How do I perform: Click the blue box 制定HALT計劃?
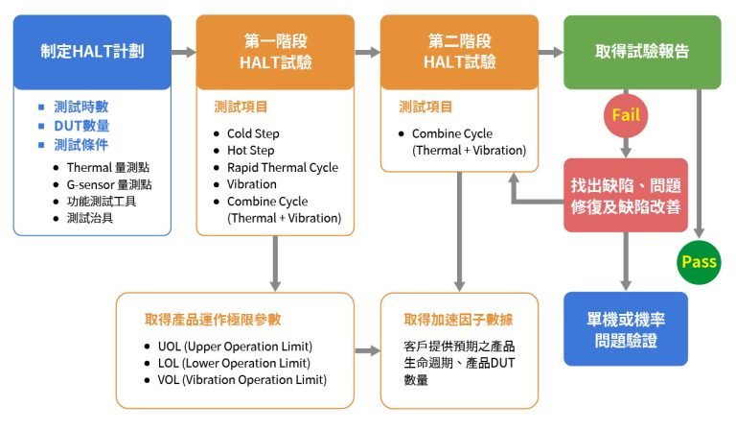point(92,52)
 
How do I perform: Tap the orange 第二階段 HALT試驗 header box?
point(460,52)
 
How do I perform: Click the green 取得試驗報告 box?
point(642,52)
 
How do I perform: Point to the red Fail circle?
point(627,116)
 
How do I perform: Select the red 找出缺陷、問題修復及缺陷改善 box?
point(626,194)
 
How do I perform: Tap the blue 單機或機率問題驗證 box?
point(626,328)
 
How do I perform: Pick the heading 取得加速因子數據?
point(460,319)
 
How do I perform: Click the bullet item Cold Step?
point(253,133)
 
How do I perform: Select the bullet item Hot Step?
point(250,151)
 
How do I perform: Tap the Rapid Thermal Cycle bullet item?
point(282,167)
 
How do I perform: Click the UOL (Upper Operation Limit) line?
point(236,346)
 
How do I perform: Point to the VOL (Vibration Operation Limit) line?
point(242,379)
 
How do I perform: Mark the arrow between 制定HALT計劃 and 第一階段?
point(183,52)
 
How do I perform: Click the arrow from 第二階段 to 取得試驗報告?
point(550,52)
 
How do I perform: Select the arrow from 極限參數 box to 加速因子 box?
point(367,351)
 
